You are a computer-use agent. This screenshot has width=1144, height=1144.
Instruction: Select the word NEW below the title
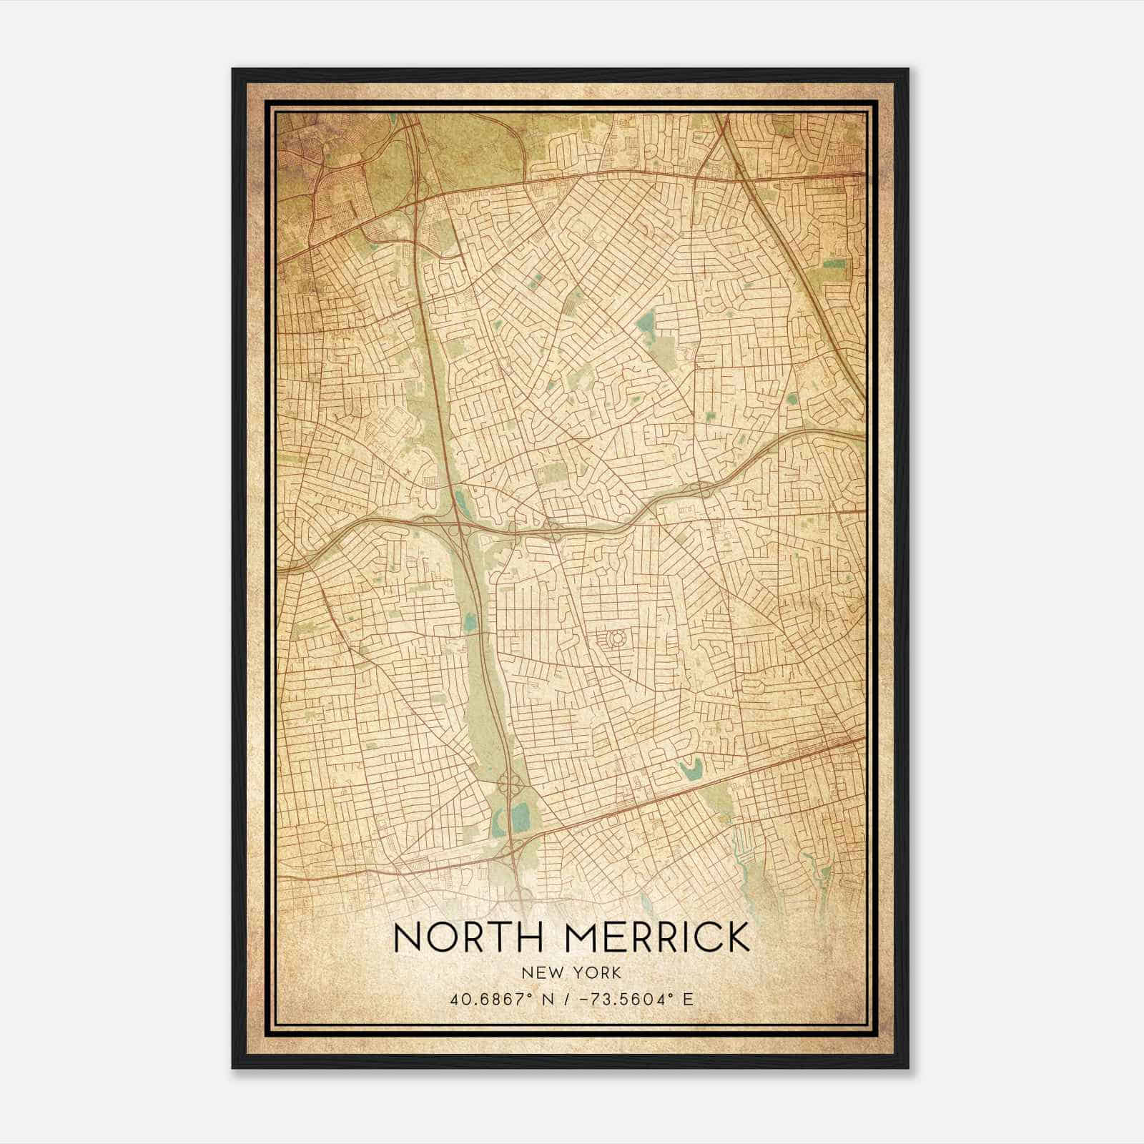coord(543,973)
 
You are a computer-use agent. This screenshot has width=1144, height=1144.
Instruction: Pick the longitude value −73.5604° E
coord(638,1000)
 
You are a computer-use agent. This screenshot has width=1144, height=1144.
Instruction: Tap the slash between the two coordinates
coord(566,1000)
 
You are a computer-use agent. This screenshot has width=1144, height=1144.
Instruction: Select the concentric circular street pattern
coord(615,636)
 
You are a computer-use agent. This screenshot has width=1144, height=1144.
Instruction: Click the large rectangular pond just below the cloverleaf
coord(521,814)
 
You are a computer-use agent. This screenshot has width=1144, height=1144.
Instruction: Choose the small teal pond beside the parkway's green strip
coord(470,622)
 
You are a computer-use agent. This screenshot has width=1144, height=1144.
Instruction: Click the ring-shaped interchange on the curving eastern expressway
coord(703,488)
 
